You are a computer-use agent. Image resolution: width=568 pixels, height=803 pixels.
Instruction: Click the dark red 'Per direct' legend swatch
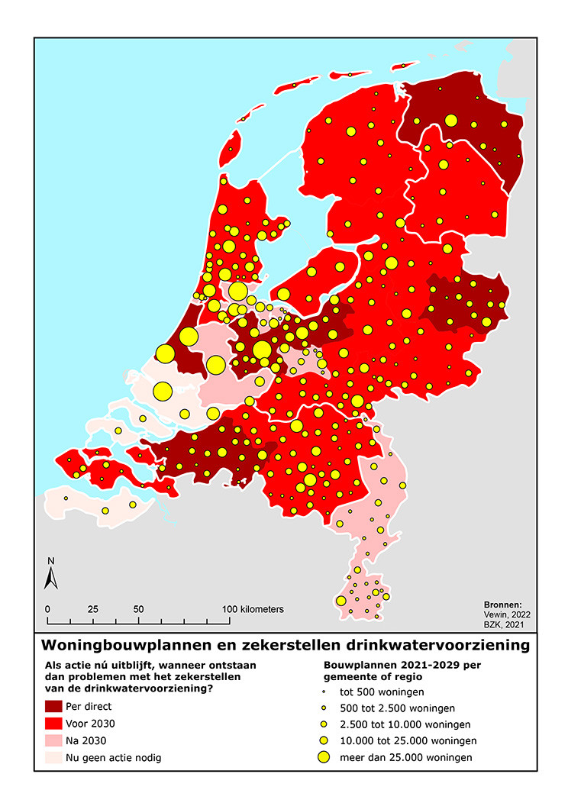60,706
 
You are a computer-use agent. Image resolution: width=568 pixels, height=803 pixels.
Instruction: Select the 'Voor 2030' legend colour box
60,724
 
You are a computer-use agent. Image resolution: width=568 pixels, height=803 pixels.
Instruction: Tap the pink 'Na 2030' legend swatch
60,740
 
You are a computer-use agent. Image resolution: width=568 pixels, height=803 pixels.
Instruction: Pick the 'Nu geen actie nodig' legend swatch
60,758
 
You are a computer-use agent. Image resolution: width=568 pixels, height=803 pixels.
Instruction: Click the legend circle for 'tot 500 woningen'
324,692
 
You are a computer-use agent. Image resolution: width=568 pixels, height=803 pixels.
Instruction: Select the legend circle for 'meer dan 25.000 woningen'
324,757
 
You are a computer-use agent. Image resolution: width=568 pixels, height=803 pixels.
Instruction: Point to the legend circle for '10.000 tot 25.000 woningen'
324,740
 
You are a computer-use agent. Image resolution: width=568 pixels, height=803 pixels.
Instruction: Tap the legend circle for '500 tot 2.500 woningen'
324,708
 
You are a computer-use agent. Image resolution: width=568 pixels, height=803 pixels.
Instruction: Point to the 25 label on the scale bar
93,610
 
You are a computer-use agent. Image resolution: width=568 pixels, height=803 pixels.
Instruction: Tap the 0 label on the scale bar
47,610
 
